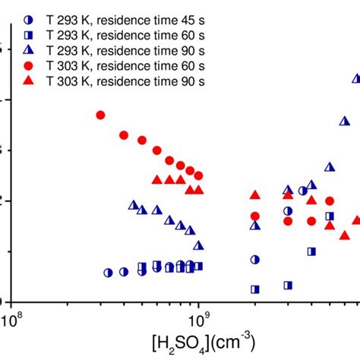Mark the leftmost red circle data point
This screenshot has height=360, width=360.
tap(100, 115)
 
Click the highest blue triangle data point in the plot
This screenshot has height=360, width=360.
tap(356, 78)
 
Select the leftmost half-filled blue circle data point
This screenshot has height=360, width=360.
tap(109, 272)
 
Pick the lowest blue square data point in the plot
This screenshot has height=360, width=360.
tap(255, 289)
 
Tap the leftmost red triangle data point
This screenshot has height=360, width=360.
tap(157, 180)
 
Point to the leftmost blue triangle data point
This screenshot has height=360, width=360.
tap(134, 205)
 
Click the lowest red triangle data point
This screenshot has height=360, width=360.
tap(345, 235)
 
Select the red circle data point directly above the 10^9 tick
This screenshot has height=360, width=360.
tap(198, 175)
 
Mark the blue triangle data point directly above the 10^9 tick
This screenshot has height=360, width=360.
tap(198, 245)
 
